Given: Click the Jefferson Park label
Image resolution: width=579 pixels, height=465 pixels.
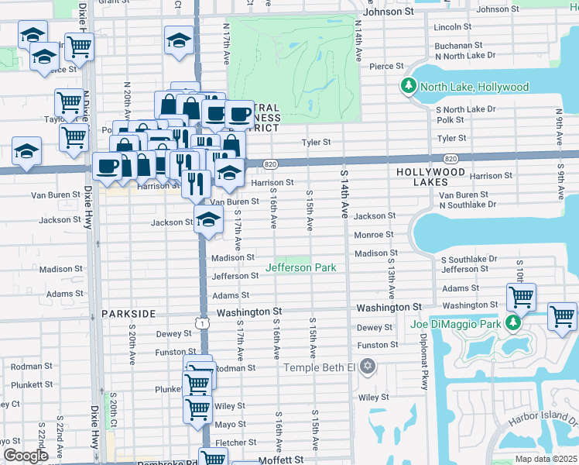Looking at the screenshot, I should point(301,267).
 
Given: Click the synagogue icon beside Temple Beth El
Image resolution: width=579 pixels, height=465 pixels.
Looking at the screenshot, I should point(368,365).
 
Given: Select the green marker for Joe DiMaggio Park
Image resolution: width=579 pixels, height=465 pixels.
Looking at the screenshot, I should point(512,322).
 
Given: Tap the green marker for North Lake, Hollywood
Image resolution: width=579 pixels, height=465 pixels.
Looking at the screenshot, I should point(408,86).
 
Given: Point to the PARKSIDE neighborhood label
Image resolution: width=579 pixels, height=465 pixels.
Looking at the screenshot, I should point(128,314).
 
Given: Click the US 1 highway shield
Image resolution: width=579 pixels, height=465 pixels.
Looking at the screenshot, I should point(202,322).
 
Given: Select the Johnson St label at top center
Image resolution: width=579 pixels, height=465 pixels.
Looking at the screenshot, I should point(388,12).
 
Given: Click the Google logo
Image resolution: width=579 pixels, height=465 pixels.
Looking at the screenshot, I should point(26,456).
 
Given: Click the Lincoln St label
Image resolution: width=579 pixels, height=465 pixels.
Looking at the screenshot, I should point(448,26).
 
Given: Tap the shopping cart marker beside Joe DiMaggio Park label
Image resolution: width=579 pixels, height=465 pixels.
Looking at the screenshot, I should point(522,297).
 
